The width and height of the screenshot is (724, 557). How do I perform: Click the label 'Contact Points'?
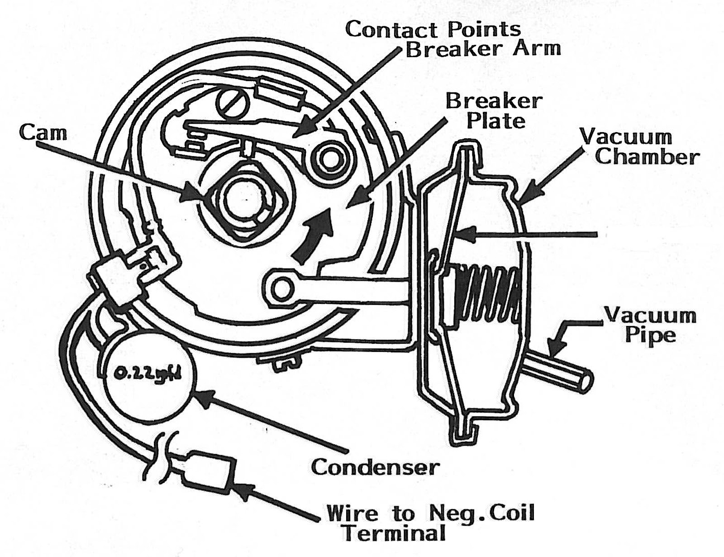[x=433, y=29]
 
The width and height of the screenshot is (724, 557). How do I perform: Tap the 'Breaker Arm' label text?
[x=483, y=49]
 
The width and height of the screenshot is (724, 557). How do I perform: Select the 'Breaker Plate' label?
[x=494, y=111]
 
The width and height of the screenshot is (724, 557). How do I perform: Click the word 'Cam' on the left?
[x=43, y=132]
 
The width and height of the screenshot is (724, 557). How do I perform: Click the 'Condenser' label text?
[x=375, y=467]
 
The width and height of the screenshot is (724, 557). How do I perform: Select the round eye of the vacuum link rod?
[x=281, y=288]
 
